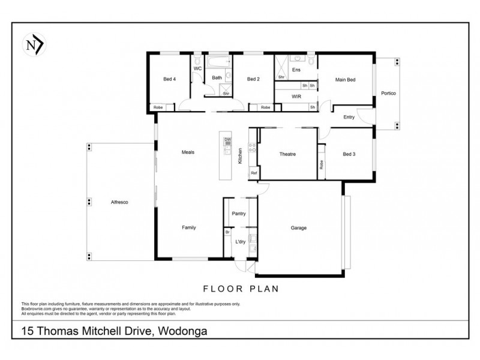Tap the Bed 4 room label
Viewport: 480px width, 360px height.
(x=169, y=79)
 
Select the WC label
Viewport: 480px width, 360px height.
(x=197, y=69)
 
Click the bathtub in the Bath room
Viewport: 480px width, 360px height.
(x=219, y=61)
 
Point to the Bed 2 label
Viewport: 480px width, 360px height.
(x=253, y=79)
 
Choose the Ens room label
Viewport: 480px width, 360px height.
(x=296, y=70)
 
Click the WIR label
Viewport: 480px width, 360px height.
(x=296, y=96)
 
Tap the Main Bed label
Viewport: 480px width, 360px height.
(x=345, y=79)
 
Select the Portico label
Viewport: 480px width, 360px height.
(x=388, y=94)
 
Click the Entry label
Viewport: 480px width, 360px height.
(x=349, y=117)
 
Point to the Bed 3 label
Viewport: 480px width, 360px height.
(x=349, y=154)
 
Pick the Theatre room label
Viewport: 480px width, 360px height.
(x=287, y=154)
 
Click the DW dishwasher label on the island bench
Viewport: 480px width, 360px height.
(x=227, y=140)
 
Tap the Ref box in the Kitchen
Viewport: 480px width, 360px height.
(x=254, y=173)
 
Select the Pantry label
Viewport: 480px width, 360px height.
(x=239, y=213)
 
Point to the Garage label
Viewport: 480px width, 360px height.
(x=299, y=228)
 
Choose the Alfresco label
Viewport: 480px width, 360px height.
(x=120, y=202)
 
